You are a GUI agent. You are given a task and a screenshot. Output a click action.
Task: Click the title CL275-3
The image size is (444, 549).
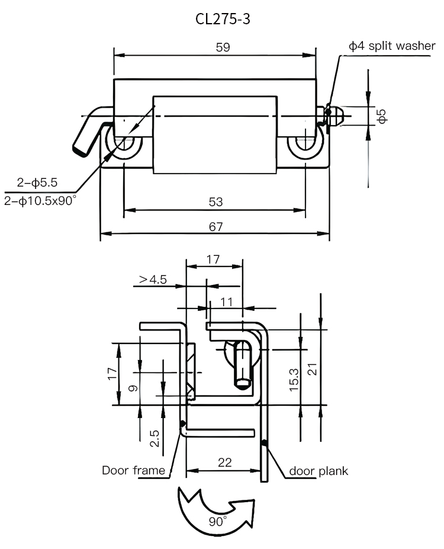[x=222, y=19]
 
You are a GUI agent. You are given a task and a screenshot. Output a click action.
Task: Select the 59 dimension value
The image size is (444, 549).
[x=223, y=47]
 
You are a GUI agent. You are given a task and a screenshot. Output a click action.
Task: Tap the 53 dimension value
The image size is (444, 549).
[x=215, y=202]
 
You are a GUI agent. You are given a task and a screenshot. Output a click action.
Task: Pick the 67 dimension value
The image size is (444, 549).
[x=215, y=226]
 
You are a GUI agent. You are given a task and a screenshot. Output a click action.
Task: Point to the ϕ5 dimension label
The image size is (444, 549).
[x=382, y=116]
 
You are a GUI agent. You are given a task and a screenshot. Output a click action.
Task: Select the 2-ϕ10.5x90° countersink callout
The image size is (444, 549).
[x=40, y=201]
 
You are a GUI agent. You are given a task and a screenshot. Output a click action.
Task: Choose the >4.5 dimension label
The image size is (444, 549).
[x=153, y=279]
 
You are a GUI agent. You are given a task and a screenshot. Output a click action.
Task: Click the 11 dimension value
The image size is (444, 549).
[x=226, y=301]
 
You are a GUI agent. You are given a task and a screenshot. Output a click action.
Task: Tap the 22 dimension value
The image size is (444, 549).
[x=224, y=463]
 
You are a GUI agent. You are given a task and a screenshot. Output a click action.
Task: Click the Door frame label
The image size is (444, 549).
[x=133, y=471]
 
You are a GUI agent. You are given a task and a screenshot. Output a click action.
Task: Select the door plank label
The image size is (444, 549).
[x=318, y=471]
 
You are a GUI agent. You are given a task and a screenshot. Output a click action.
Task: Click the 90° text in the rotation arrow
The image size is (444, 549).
[x=217, y=522]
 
